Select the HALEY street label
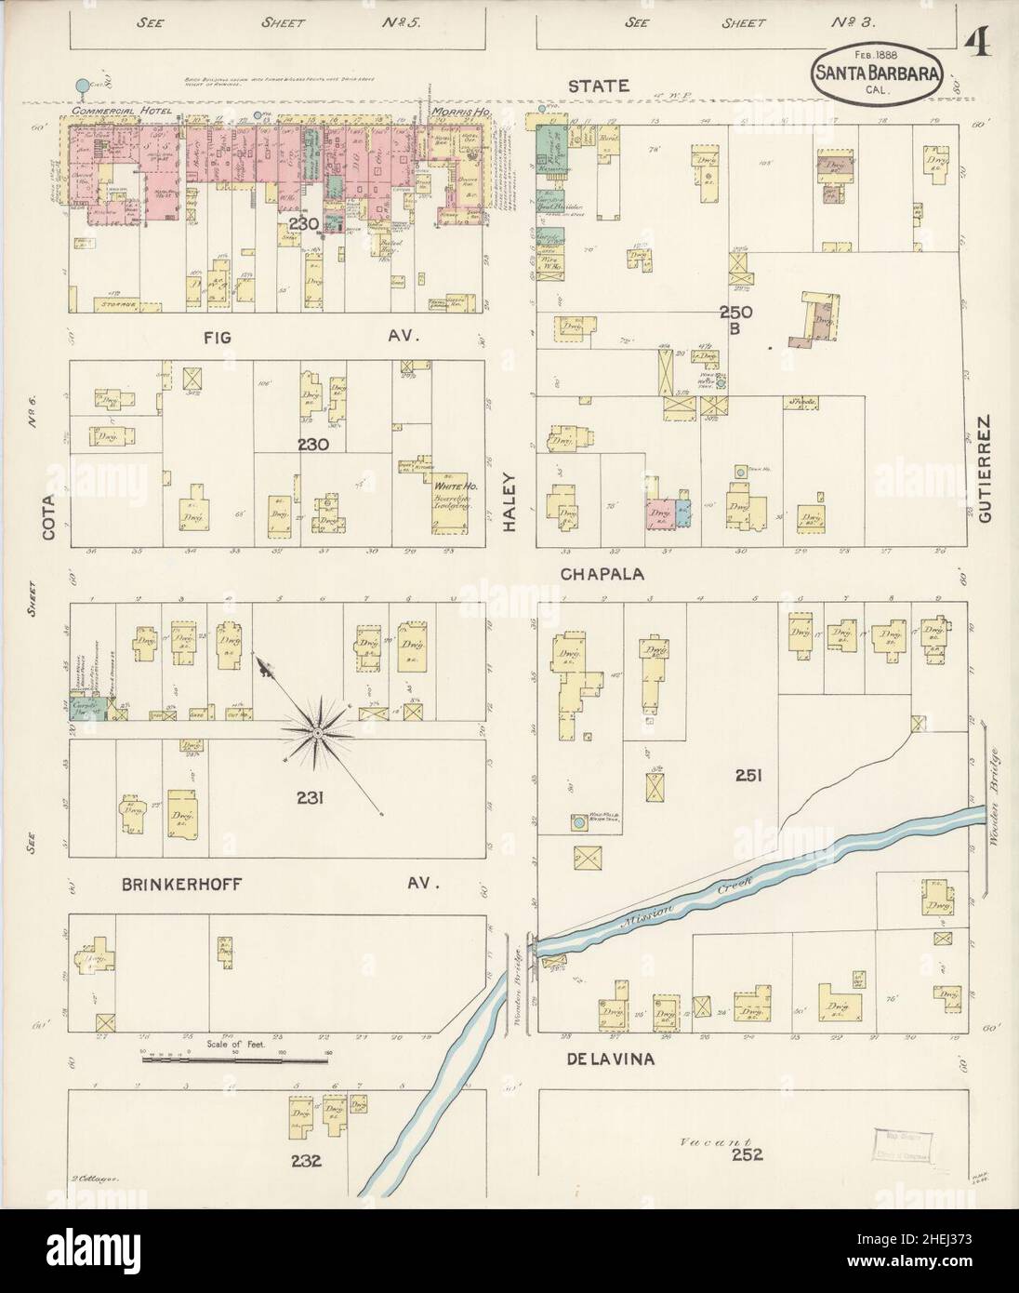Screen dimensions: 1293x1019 (509, 510)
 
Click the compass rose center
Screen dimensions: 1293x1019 (317, 734)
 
